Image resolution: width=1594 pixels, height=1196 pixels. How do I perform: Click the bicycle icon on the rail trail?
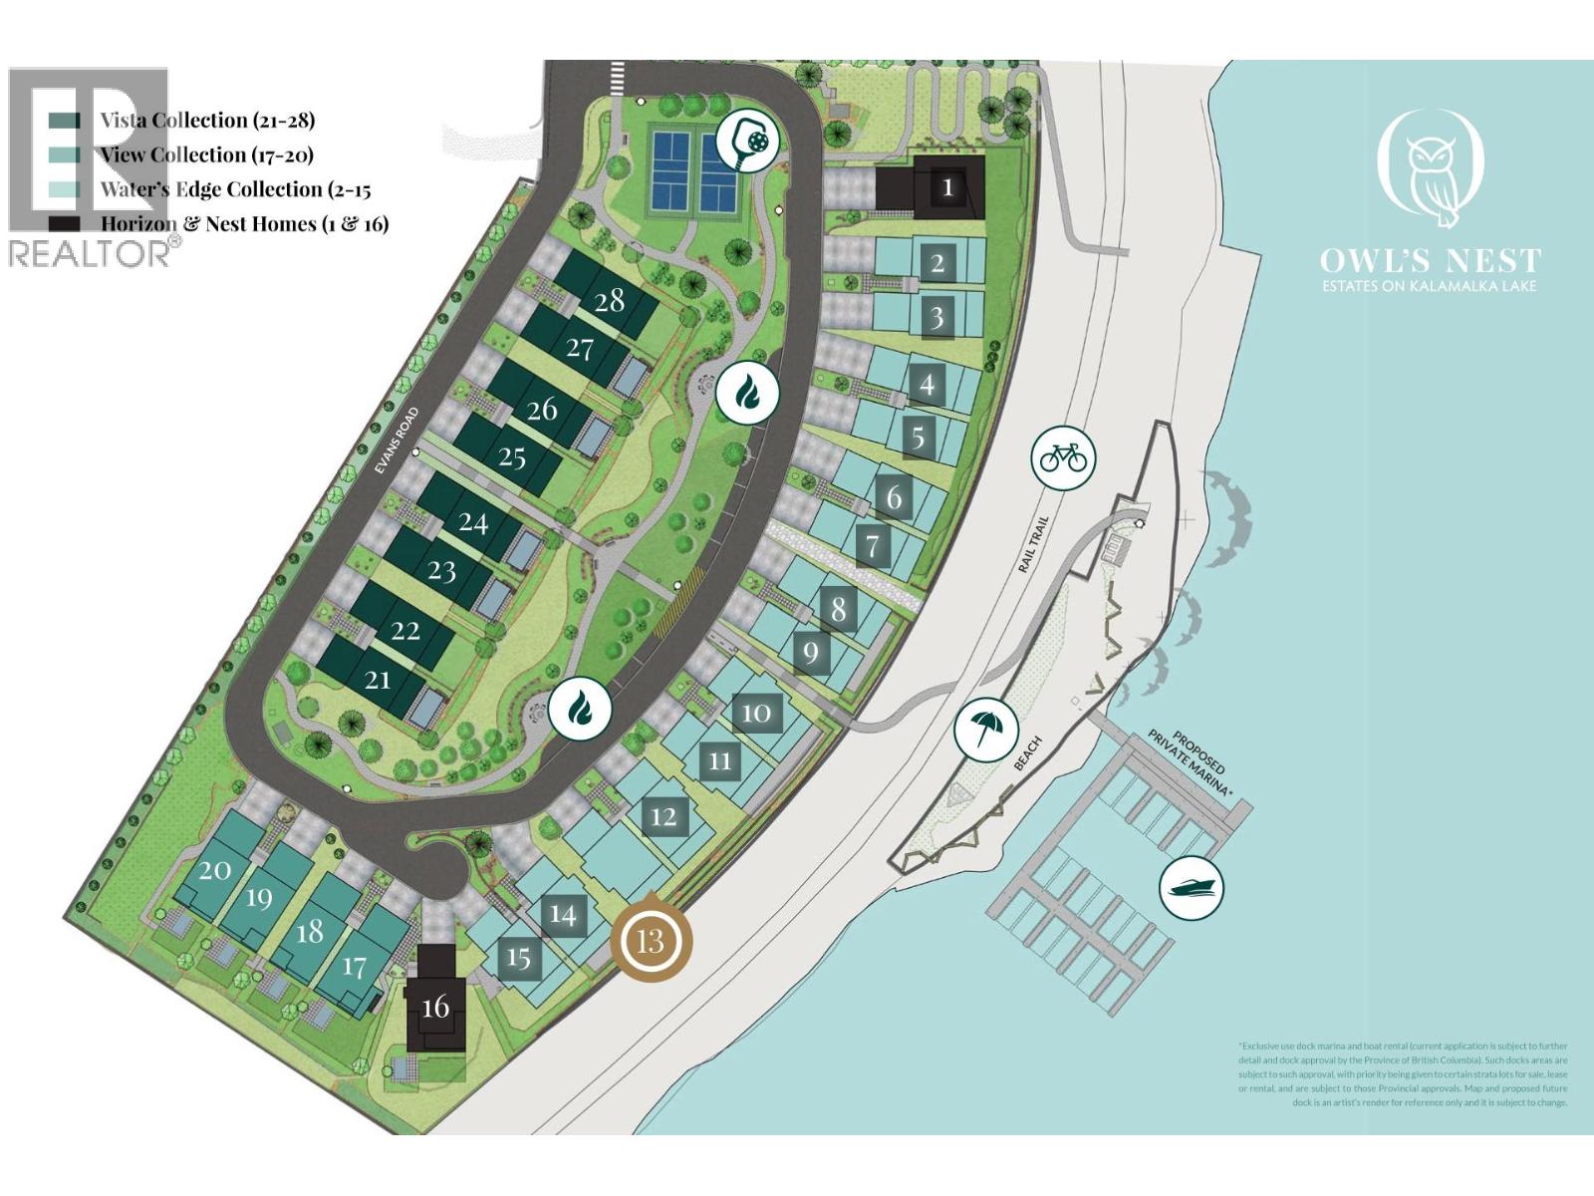coord(1063,458)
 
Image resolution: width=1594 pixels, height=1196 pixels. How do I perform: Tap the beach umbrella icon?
coord(985,729)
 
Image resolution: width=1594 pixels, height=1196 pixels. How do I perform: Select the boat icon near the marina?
coord(1192,887)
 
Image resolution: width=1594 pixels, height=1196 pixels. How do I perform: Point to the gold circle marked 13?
coord(651,940)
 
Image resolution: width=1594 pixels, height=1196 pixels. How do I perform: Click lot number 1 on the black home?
coord(947,186)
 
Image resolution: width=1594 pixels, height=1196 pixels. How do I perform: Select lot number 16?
coord(435,1008)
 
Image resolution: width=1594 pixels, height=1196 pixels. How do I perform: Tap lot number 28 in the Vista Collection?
coord(609,300)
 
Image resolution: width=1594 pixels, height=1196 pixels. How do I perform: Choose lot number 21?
coord(378,680)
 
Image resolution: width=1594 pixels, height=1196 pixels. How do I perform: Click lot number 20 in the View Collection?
coord(215,870)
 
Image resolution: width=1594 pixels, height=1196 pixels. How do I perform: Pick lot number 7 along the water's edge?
coord(873,545)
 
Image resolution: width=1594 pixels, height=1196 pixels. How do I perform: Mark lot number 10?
coord(756,713)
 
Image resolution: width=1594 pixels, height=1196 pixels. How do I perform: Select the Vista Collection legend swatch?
coord(65,121)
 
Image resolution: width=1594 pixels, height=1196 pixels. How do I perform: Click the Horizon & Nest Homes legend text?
coord(244,224)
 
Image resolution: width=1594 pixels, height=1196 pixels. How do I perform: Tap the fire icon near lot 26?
coord(746,393)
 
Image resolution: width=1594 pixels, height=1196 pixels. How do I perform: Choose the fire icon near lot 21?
coord(580,709)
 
